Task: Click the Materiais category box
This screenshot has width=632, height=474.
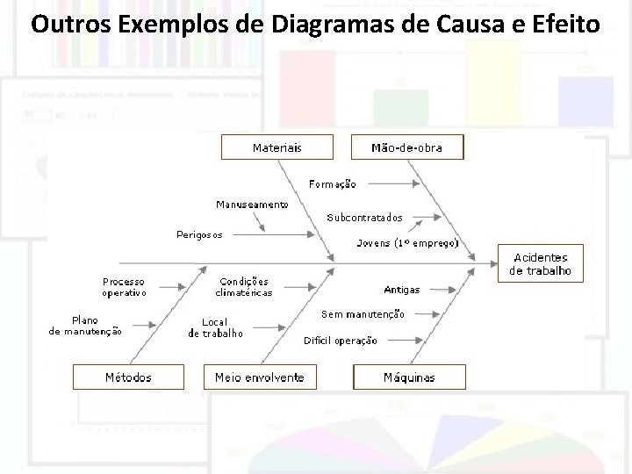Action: pyautogui.click(x=276, y=147)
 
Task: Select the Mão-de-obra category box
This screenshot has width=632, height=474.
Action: pyautogui.click(x=407, y=147)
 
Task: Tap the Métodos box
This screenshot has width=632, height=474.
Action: pyautogui.click(x=128, y=377)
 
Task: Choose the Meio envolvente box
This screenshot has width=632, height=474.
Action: pyautogui.click(x=260, y=377)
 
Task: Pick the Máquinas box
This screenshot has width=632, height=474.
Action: pyautogui.click(x=409, y=377)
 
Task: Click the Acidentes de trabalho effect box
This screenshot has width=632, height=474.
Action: pyautogui.click(x=540, y=264)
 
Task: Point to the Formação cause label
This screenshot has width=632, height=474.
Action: pyautogui.click(x=333, y=183)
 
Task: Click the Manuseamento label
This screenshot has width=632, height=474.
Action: pyautogui.click(x=252, y=205)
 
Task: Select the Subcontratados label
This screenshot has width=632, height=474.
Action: pyautogui.click(x=365, y=216)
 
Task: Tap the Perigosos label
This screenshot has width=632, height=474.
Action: pyautogui.click(x=199, y=234)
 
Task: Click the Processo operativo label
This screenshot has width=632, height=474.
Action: pyautogui.click(x=123, y=287)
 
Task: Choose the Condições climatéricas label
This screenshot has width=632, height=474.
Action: pyautogui.click(x=246, y=287)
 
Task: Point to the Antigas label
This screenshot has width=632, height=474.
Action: pyautogui.click(x=401, y=289)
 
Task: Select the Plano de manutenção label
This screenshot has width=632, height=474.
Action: pyautogui.click(x=85, y=326)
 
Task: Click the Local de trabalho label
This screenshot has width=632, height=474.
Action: pyautogui.click(x=216, y=327)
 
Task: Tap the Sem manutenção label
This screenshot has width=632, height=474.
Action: pyautogui.click(x=363, y=313)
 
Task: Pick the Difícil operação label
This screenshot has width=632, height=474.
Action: pyautogui.click(x=341, y=341)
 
